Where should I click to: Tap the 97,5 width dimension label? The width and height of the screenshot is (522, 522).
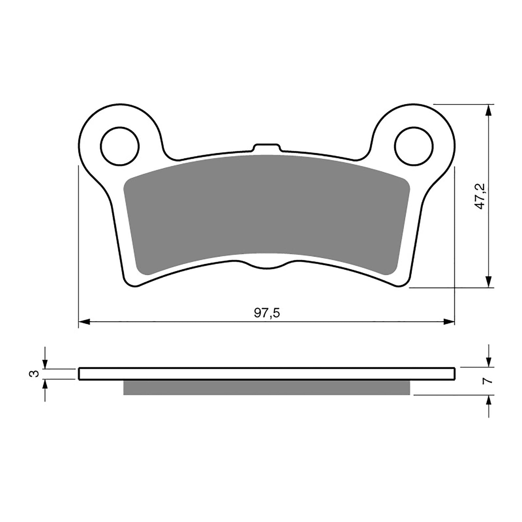coord(267,313)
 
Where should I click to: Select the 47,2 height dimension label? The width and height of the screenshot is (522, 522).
coord(481,196)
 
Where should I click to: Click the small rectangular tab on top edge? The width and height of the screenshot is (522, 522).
coord(267,147)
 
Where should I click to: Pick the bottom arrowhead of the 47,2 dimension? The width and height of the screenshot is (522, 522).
coord(488,282)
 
